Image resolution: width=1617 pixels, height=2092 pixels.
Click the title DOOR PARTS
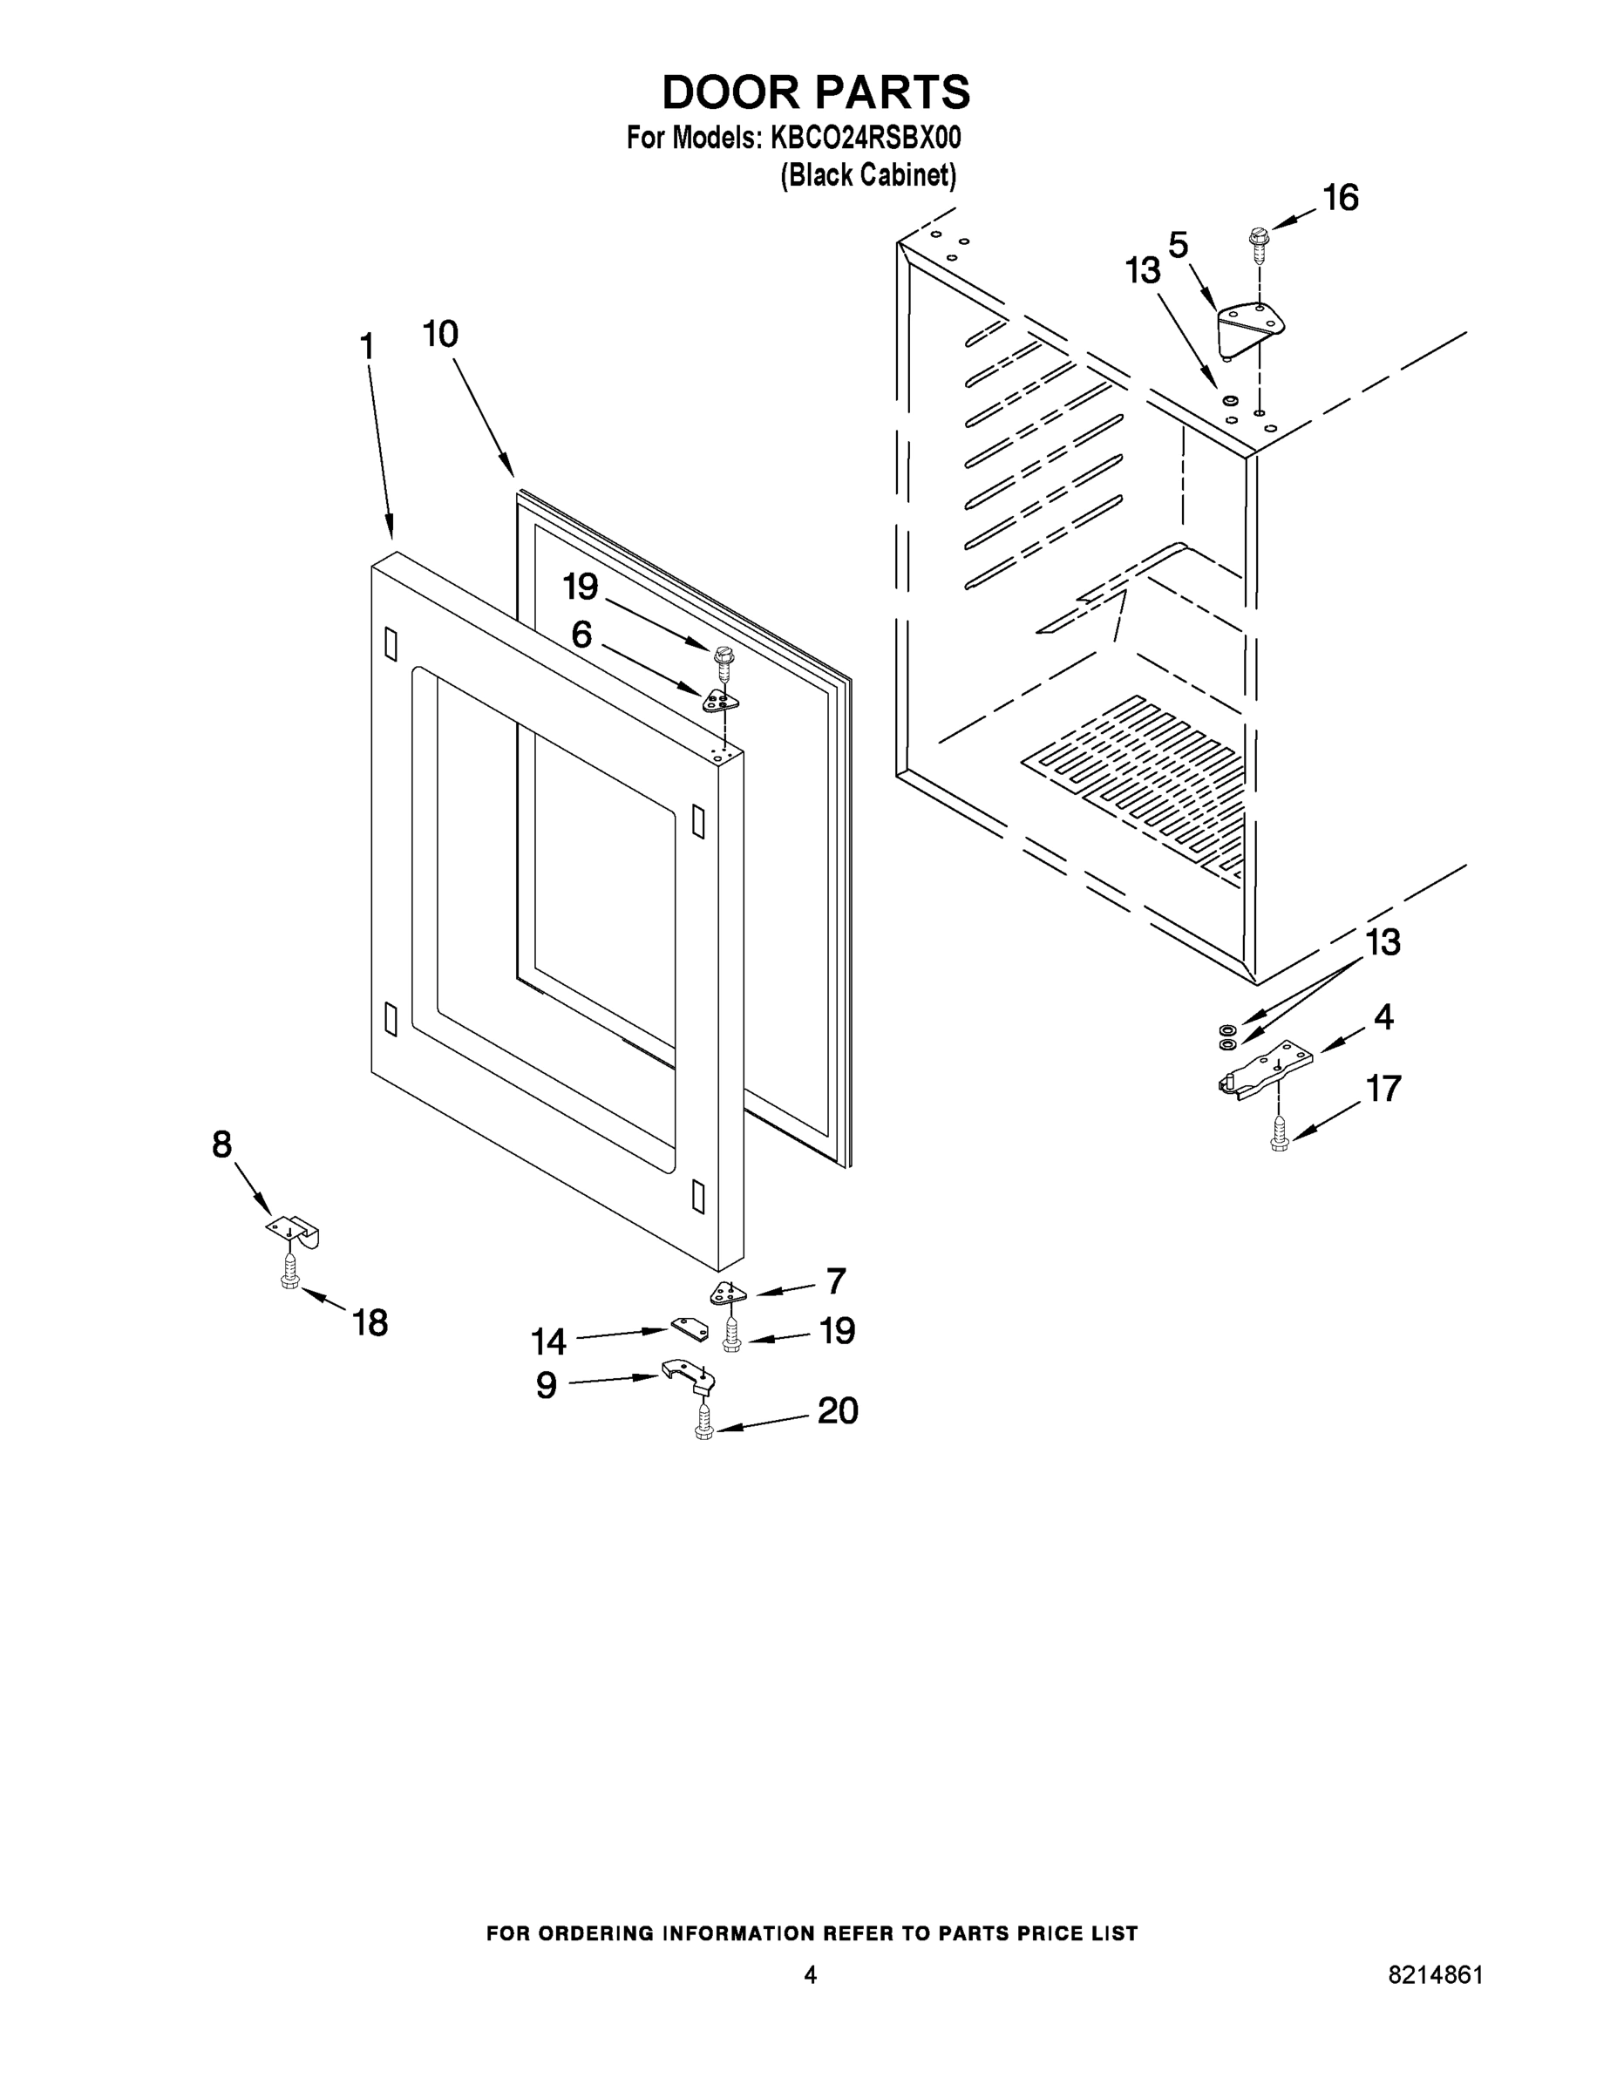[x=816, y=93]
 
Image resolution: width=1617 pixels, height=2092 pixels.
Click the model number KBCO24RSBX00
[x=864, y=138]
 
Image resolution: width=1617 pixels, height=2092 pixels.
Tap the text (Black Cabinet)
[x=868, y=175]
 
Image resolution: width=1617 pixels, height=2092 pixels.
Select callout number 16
[x=1339, y=198]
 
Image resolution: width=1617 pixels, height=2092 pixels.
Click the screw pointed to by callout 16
[x=1259, y=245]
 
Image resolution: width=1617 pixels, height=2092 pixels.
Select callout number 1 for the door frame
[x=367, y=347]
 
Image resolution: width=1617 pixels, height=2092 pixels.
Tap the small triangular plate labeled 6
[x=721, y=702]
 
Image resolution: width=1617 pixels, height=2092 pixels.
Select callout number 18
[x=370, y=1323]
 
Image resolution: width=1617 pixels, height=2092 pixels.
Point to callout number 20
[x=837, y=1411]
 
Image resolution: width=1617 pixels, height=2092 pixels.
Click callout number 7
[x=835, y=1280]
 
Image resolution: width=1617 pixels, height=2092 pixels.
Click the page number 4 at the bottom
[x=810, y=1975]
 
